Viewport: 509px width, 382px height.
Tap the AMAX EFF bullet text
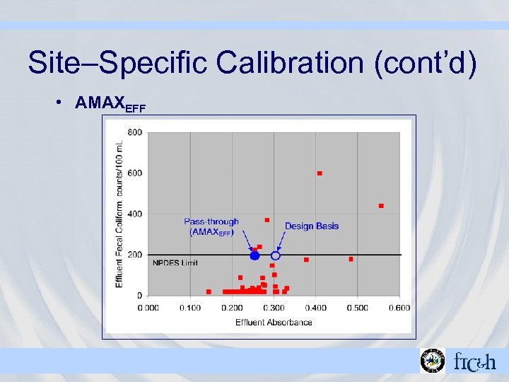point(110,103)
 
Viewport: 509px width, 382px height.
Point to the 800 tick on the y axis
point(134,132)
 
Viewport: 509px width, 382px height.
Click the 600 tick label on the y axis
point(134,173)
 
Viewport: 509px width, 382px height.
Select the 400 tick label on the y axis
point(134,214)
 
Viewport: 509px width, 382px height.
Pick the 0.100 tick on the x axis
point(189,308)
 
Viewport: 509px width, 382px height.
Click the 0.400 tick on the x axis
point(316,308)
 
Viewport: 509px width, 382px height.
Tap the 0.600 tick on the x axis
point(399,308)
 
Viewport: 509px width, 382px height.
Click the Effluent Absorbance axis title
point(274,323)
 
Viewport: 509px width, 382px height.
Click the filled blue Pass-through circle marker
point(255,255)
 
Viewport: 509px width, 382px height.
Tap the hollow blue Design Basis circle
point(276,255)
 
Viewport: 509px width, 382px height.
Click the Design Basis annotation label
point(311,226)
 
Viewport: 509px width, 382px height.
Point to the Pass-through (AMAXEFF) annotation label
point(211,226)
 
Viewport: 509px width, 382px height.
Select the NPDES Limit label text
point(175,262)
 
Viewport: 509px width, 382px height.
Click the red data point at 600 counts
point(320,173)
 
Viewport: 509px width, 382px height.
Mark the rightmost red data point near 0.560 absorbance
point(381,206)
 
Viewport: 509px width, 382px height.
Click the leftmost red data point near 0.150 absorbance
point(209,291)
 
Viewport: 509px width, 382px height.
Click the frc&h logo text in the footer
point(474,361)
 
